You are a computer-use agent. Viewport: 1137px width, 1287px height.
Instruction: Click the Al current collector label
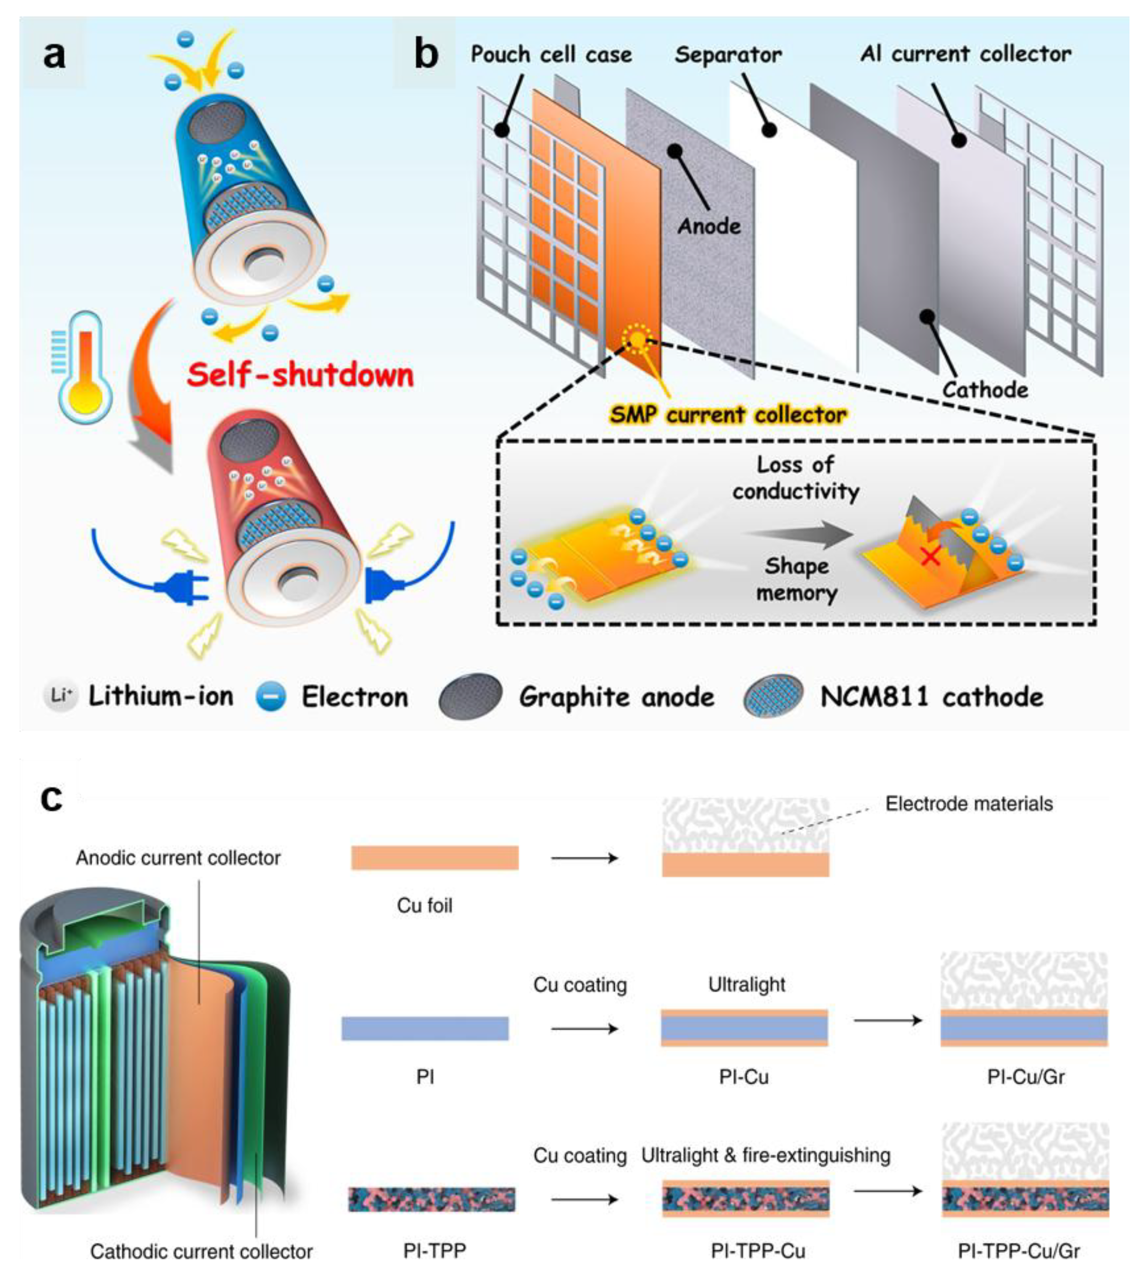tap(965, 54)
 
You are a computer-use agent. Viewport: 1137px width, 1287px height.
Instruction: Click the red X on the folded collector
tap(930, 556)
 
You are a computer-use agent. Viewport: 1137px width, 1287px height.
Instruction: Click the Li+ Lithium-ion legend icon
tap(60, 696)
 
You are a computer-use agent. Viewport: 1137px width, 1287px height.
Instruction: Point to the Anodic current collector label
tap(178, 857)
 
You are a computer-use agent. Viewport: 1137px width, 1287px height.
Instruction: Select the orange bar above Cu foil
tap(434, 857)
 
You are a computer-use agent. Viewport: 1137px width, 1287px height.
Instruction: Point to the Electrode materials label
tap(968, 804)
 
